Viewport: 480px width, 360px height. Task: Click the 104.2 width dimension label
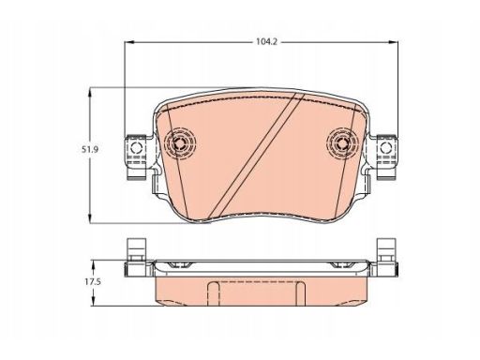coord(266,41)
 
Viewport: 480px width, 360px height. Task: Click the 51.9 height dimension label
coord(90,150)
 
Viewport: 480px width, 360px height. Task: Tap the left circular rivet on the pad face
coord(179,143)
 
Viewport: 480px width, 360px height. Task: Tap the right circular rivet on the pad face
coord(343,143)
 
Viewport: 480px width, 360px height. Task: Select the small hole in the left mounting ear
coord(136,147)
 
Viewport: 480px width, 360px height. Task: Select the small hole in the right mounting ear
coord(386,147)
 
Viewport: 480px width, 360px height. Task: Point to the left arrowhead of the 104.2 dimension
coord(129,42)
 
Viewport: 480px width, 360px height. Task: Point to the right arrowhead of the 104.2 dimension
coord(394,42)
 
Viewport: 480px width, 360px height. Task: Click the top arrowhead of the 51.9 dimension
coord(90,93)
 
